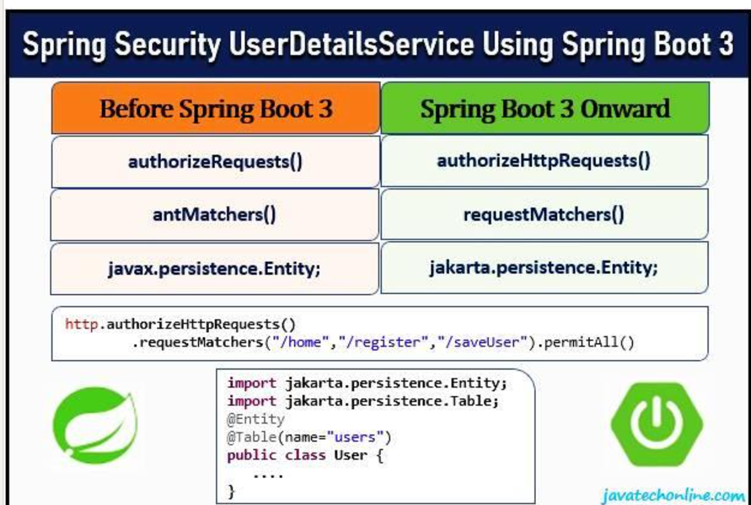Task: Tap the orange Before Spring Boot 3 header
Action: (x=216, y=108)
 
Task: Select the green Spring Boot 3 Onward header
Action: (x=545, y=108)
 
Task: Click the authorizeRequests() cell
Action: (x=216, y=161)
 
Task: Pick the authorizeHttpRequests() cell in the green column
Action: (x=545, y=161)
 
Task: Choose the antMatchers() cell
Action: (x=215, y=215)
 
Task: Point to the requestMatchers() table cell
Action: (x=545, y=214)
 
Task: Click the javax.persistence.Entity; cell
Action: (x=215, y=269)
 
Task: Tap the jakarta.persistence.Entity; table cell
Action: (x=545, y=268)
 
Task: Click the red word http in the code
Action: (x=82, y=324)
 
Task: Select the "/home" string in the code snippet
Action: (x=301, y=342)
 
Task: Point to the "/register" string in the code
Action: (x=384, y=342)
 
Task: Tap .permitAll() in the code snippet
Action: (x=585, y=342)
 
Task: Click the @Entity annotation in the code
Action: (x=256, y=419)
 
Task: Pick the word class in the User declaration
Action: (x=306, y=455)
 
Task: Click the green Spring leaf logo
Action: (x=95, y=425)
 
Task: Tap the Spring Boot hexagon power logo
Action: (x=657, y=424)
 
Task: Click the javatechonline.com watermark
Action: (x=674, y=495)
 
